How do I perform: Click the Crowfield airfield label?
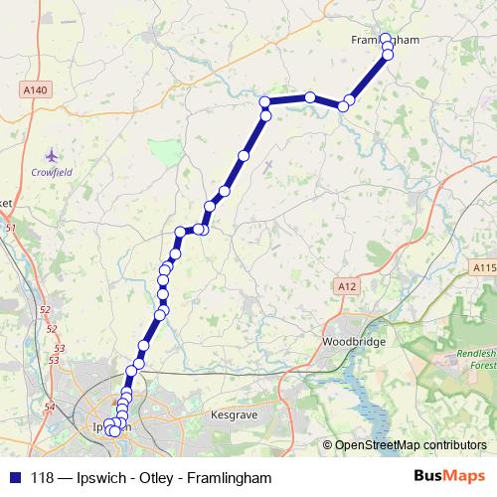tap(52, 171)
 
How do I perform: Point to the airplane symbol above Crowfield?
tap(52, 154)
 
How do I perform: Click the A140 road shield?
tap(35, 88)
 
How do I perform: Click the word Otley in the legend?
tap(152, 478)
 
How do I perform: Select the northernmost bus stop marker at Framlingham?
tap(387, 40)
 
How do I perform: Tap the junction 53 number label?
tap(59, 348)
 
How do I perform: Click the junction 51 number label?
tap(11, 228)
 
